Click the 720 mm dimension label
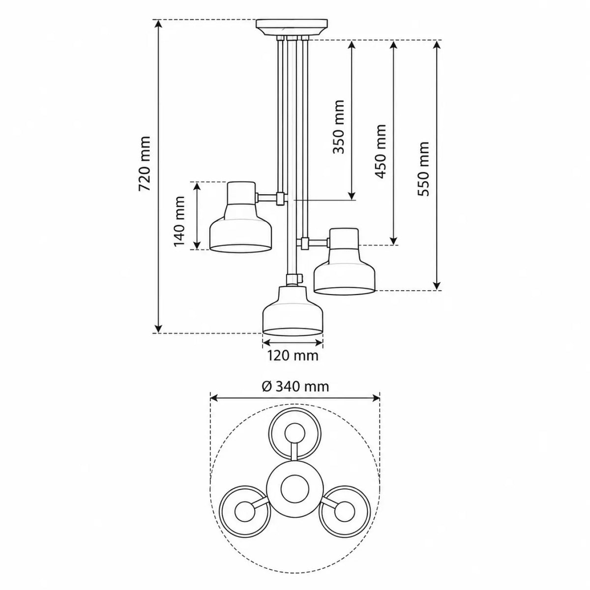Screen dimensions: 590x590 tap(144, 164)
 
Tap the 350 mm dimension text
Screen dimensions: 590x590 tap(339, 126)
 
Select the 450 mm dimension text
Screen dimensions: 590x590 tap(380, 151)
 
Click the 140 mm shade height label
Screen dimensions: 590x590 tap(179, 221)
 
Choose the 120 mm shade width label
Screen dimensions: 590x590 tap(293, 355)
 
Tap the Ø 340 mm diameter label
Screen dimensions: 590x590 tap(295, 387)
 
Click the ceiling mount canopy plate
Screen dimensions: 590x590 tap(292, 28)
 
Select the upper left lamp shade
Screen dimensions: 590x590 tap(240, 217)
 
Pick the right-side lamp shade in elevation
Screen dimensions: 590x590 tap(345, 262)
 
